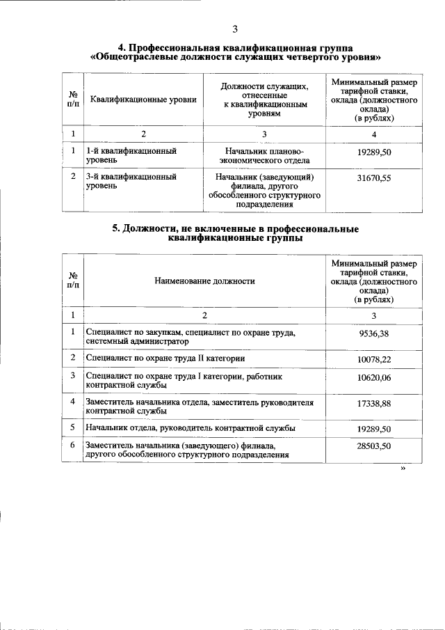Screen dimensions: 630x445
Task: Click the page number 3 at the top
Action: (x=235, y=29)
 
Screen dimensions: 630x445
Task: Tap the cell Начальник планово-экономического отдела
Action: (x=264, y=155)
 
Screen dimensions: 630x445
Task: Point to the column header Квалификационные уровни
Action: (x=143, y=100)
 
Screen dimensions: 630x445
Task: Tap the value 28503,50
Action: (x=373, y=446)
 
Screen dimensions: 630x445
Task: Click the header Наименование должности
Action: (x=204, y=281)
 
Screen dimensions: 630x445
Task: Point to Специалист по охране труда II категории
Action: (x=165, y=358)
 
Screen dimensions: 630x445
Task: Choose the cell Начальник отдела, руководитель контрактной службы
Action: (x=190, y=427)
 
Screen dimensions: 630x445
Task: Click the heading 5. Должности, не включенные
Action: (x=235, y=235)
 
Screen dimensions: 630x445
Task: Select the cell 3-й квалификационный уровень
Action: (x=131, y=182)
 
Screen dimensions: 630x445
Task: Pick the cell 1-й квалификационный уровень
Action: (x=131, y=155)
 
